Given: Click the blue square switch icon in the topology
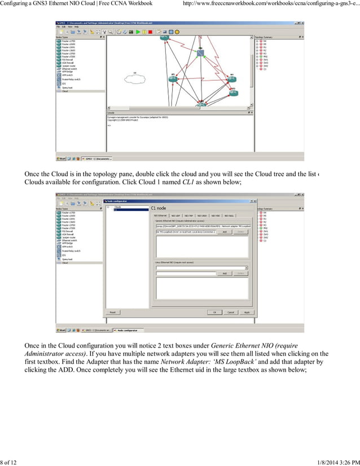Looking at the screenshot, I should [200, 52].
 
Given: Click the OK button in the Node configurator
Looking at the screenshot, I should [214, 312].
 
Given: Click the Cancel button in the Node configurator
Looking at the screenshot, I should [230, 312].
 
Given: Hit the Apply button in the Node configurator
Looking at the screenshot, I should [247, 312].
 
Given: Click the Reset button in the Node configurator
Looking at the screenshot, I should [112, 312].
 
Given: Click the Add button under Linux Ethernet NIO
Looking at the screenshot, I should [224, 273].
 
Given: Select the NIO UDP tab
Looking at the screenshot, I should [176, 216].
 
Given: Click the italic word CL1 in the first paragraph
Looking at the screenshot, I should [190, 183].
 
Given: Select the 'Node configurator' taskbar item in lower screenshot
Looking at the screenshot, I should [126, 331].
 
